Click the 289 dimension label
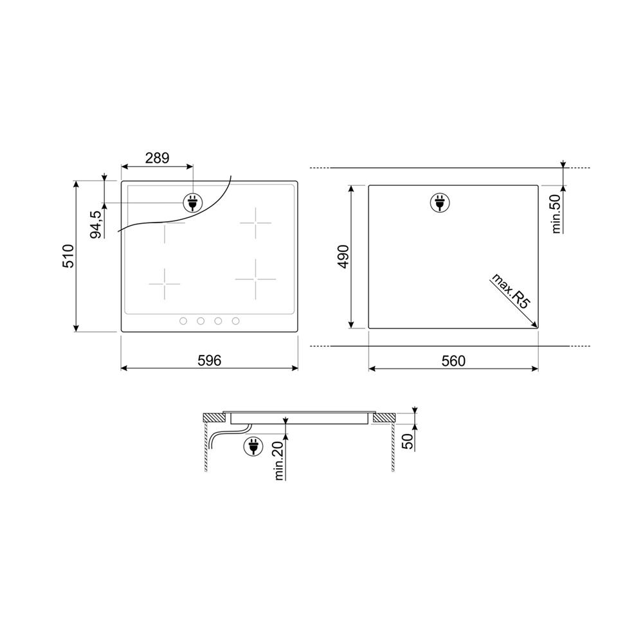[x=157, y=158]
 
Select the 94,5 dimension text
[x=96, y=224]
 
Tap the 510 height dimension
[x=68, y=256]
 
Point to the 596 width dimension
[x=209, y=361]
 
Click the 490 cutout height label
[x=343, y=257]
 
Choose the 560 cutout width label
[x=453, y=361]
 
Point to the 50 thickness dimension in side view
[x=408, y=442]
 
